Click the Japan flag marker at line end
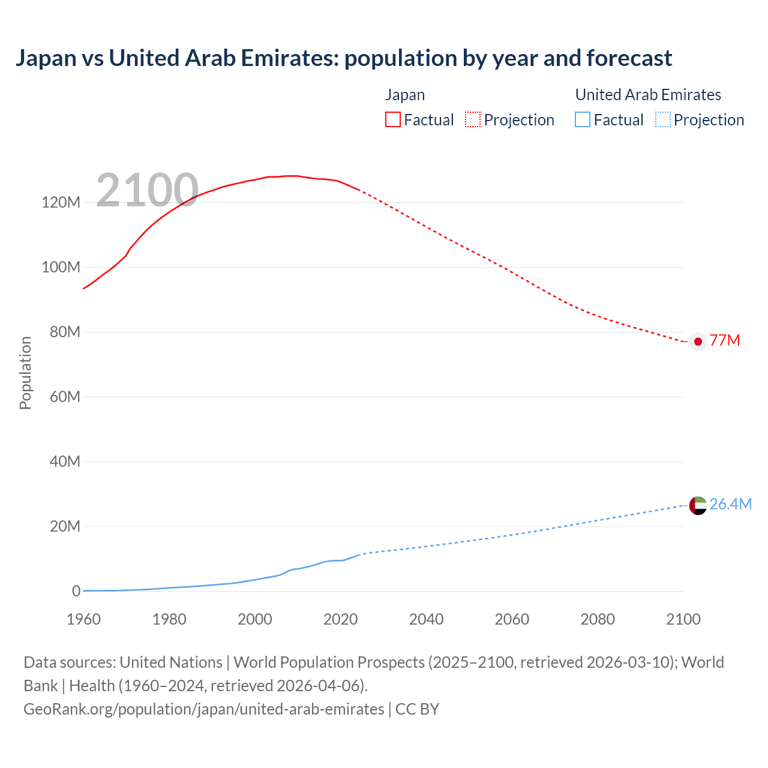pos(698,341)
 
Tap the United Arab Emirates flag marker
pos(698,505)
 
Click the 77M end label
pos(725,341)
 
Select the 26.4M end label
pos(730,504)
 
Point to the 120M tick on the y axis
pos(61,202)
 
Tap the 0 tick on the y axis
pos(76,591)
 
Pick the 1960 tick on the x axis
pos(83,619)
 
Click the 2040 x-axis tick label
pos(426,619)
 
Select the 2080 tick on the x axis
pos(598,619)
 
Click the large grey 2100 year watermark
pos(147,190)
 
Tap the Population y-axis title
pos(25,373)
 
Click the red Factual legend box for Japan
pos(392,120)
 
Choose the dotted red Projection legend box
pos(473,120)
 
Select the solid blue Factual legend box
pos(582,120)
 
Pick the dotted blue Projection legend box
pos(662,120)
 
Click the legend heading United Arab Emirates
pos(648,95)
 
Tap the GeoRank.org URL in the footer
pos(203,709)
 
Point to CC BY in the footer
pos(418,709)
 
